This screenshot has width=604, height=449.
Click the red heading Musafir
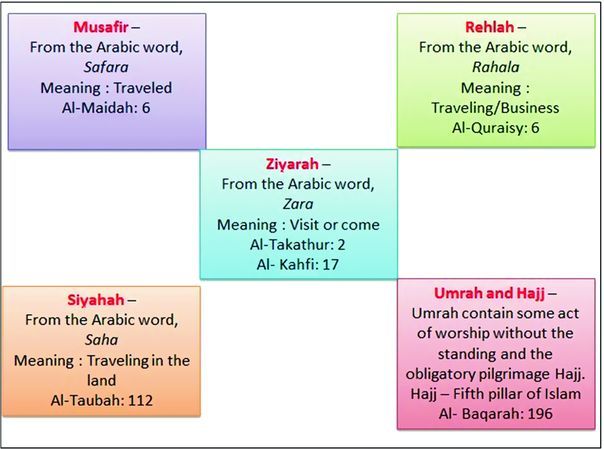point(101,27)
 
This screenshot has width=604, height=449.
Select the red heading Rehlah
point(490,27)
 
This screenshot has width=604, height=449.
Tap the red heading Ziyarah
point(292,164)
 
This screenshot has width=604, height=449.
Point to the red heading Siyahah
point(96,300)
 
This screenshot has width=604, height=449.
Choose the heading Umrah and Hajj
point(489,293)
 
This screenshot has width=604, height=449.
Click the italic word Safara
point(106,67)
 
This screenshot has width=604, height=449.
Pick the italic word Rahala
point(495,67)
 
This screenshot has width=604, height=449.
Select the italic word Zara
point(298,204)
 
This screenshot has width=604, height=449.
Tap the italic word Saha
point(101,340)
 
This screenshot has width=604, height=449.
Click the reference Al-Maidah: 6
point(106,108)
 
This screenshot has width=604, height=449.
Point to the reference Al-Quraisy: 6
point(495,128)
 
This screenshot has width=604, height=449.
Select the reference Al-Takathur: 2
point(298,245)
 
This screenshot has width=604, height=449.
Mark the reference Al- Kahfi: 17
point(298,265)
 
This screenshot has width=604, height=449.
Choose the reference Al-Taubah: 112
point(101,401)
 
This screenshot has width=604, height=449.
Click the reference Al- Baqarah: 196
point(495,414)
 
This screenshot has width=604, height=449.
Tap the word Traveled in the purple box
point(143,88)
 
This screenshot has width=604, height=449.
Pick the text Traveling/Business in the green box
point(495,108)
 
